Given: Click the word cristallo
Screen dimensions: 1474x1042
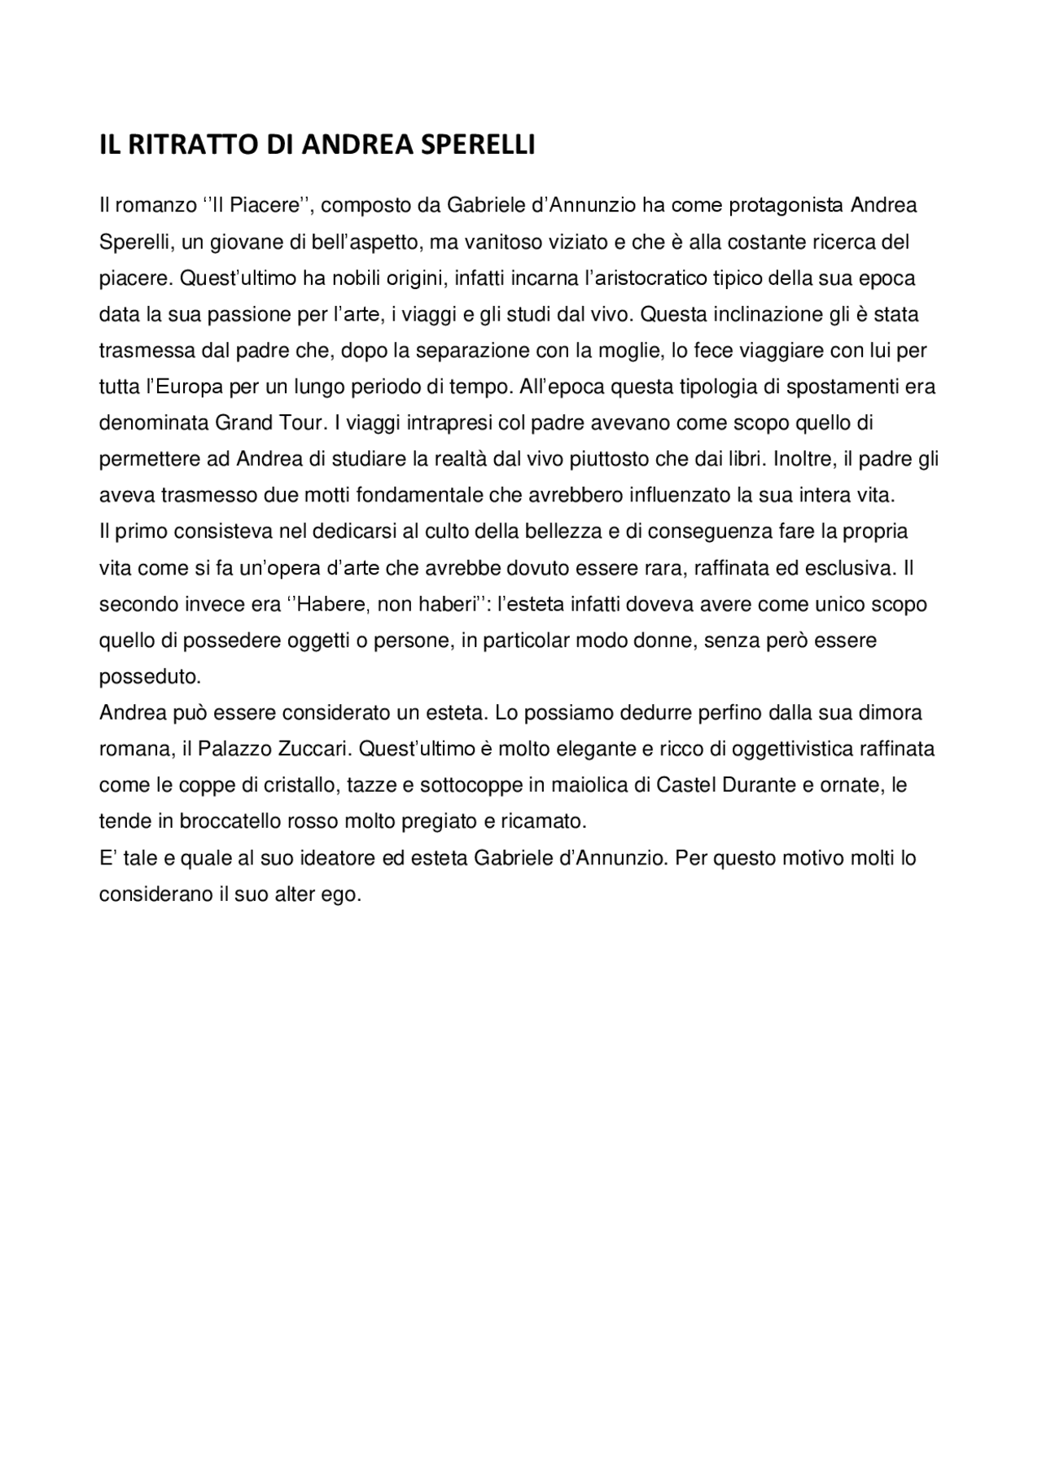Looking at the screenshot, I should tap(298, 785).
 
